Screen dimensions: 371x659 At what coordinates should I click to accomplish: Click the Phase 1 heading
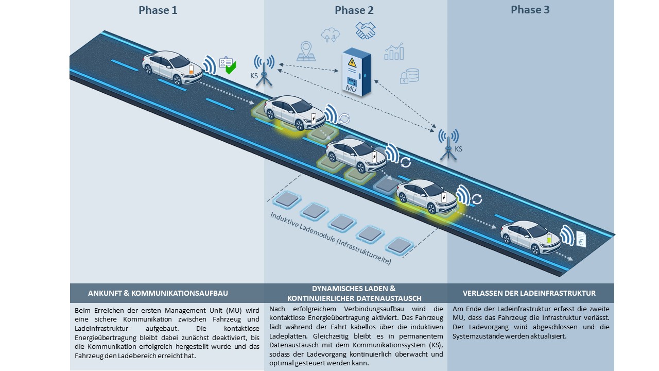pyautogui.click(x=158, y=10)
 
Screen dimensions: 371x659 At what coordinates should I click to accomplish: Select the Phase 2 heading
pyautogui.click(x=354, y=10)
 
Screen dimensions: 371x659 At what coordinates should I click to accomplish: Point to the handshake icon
pyautogui.click(x=366, y=30)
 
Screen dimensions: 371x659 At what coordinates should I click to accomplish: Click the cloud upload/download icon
pyautogui.click(x=330, y=35)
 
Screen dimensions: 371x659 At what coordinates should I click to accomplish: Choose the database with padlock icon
pyautogui.click(x=410, y=76)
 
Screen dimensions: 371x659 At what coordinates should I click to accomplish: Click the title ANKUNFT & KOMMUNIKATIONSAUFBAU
pyautogui.click(x=158, y=293)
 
